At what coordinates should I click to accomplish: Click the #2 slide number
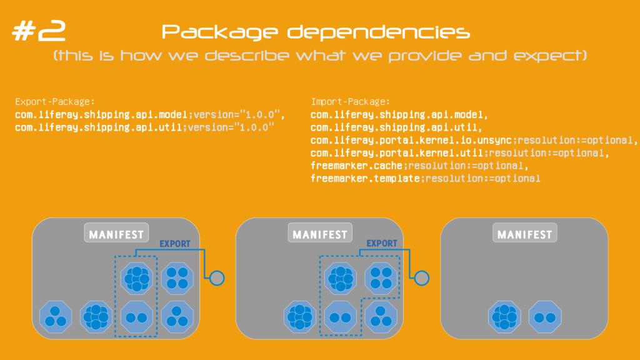click(39, 32)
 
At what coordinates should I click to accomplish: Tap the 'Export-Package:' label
click(54, 101)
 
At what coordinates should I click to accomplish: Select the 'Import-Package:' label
click(350, 101)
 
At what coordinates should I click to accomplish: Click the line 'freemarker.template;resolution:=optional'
click(425, 178)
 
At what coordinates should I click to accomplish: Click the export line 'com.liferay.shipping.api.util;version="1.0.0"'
click(145, 127)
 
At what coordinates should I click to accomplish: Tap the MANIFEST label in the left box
click(116, 234)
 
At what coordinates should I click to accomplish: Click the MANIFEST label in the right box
click(524, 234)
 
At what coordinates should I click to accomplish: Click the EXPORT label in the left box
click(175, 244)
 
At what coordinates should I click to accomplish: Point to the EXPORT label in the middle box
click(381, 244)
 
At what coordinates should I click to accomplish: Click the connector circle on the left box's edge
click(217, 277)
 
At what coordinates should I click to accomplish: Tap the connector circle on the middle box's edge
click(422, 277)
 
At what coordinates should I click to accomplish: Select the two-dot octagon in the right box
click(544, 317)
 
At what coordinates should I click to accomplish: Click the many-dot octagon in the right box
click(505, 317)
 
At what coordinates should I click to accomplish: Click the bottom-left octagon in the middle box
click(299, 316)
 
